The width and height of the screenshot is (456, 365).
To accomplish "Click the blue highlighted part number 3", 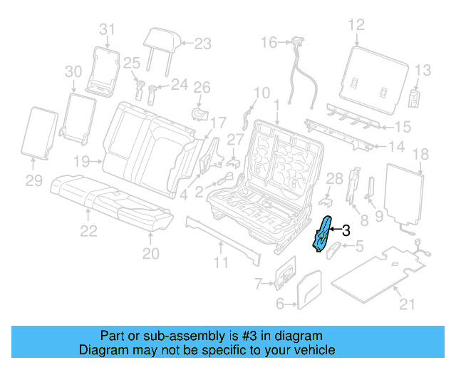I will coord(323,235).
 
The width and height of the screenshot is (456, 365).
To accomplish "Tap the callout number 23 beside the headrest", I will coord(203,43).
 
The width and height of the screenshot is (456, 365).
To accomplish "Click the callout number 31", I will coord(106,29).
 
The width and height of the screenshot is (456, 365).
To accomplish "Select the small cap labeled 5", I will coord(335,251).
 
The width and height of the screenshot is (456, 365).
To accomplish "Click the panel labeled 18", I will coord(404,192).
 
